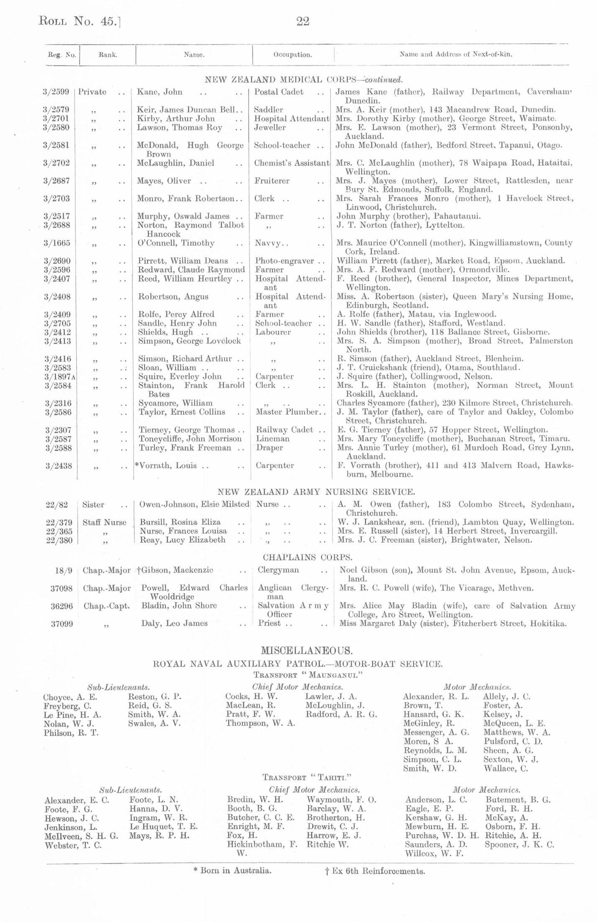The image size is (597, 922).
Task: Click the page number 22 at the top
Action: click(302, 21)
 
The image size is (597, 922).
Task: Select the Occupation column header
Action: click(292, 54)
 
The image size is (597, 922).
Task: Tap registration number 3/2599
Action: click(56, 92)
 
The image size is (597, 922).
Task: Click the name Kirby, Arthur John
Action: click(176, 119)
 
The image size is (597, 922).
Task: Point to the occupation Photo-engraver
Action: click(284, 261)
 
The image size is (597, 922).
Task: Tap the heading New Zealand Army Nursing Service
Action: click(316, 492)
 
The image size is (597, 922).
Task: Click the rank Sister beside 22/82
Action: click(93, 505)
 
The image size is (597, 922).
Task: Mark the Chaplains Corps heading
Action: click(307, 557)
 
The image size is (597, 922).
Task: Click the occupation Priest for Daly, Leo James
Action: click(270, 623)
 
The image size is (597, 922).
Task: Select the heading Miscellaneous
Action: click(307, 651)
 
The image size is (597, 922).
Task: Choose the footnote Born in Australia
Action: click(232, 871)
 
